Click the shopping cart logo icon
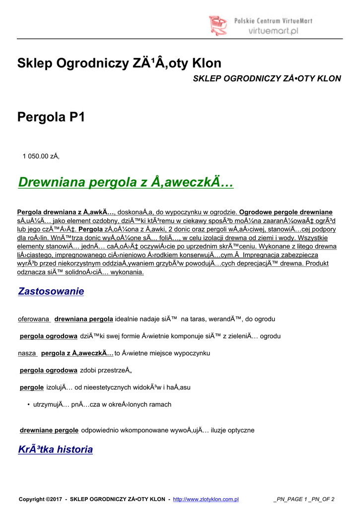coord(218,25)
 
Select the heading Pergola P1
coord(51,117)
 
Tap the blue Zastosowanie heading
coord(51,291)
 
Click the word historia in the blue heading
coord(75,449)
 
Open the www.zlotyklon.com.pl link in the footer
coord(206,499)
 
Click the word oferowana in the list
coord(34,318)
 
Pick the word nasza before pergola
coord(27,353)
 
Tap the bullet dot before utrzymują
coord(29,404)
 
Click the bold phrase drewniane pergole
coord(49,430)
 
